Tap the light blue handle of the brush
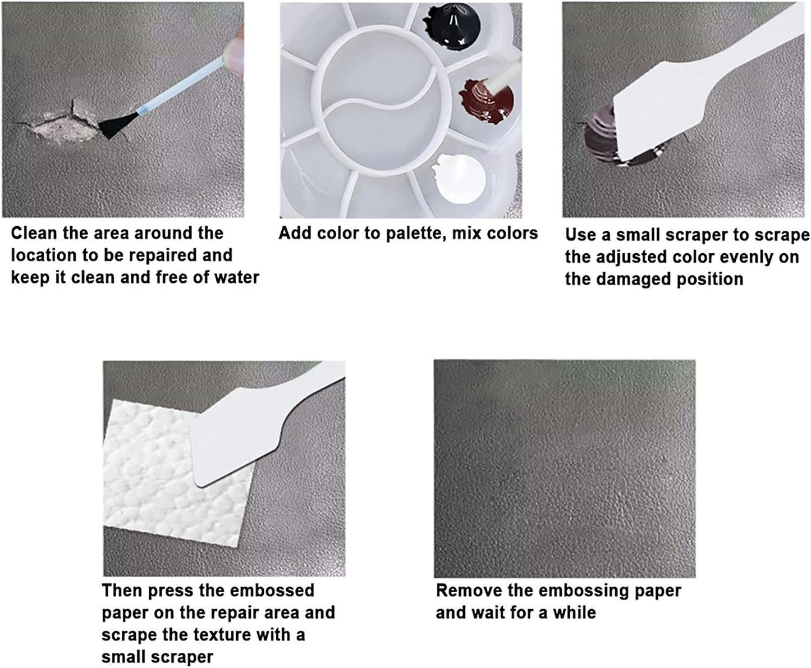click(181, 86)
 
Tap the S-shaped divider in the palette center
click(381, 99)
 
